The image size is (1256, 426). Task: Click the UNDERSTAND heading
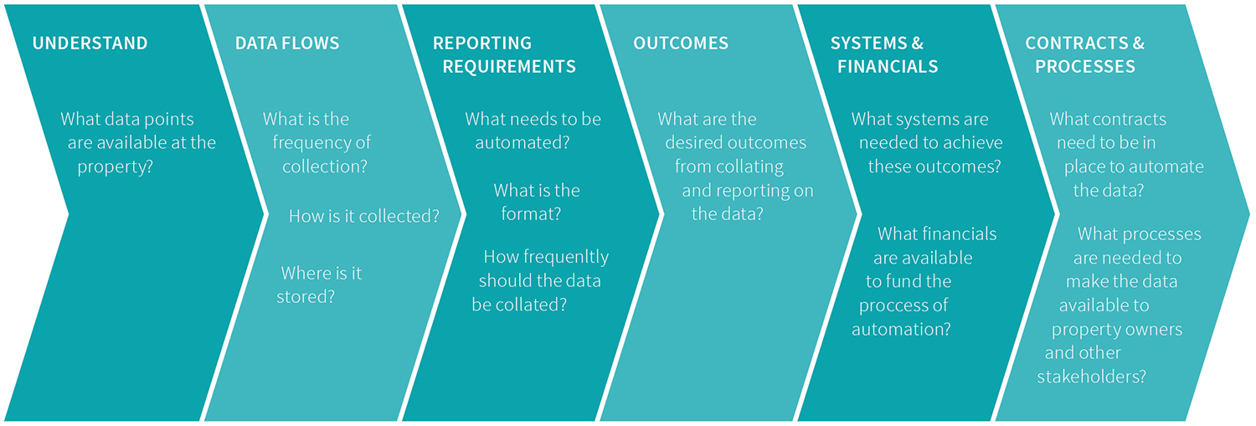(x=90, y=44)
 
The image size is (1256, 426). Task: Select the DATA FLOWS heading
(x=287, y=44)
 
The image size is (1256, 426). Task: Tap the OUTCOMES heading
(x=681, y=44)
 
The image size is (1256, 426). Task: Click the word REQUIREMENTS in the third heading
(x=509, y=67)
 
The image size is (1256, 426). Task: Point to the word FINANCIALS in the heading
(x=888, y=67)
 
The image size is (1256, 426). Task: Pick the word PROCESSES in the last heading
(x=1085, y=67)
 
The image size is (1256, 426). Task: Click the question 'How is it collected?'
(x=364, y=216)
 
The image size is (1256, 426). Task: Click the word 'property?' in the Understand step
(x=115, y=167)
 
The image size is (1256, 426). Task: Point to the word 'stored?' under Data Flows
(x=306, y=296)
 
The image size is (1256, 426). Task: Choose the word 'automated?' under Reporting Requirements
(x=522, y=143)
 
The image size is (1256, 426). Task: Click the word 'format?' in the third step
(x=530, y=214)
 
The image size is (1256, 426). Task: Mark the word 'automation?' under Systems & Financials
(x=901, y=329)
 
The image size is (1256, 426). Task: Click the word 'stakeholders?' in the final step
(x=1091, y=376)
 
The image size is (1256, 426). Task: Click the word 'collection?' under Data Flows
(x=325, y=167)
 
